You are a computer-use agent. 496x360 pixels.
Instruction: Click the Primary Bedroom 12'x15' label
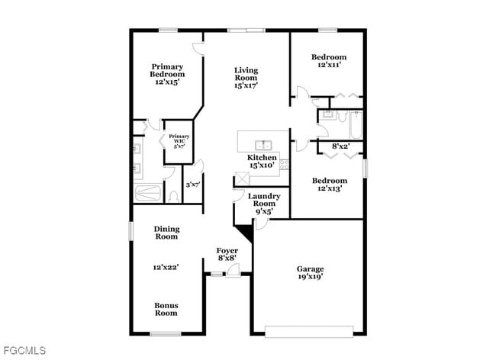point(167,74)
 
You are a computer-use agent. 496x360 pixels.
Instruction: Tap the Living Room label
point(246,78)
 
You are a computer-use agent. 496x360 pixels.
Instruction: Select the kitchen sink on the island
point(263,145)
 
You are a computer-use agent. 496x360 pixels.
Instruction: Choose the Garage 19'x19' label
point(310,273)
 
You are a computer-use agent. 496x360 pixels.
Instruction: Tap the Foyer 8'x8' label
point(227,254)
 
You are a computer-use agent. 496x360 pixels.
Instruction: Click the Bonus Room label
point(166,309)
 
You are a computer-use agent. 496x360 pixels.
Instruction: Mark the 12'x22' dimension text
point(166,268)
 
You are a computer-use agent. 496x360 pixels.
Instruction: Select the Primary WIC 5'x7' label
point(179,141)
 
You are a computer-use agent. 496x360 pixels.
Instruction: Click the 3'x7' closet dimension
point(193,185)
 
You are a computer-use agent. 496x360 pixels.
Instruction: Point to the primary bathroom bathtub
point(148,192)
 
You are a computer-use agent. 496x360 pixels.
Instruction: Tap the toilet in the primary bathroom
point(174,196)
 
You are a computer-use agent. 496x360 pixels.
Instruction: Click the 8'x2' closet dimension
point(340,145)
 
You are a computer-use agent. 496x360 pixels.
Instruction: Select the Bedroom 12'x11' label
point(328,61)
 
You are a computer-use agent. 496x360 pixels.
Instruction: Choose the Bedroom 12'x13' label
point(329,184)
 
